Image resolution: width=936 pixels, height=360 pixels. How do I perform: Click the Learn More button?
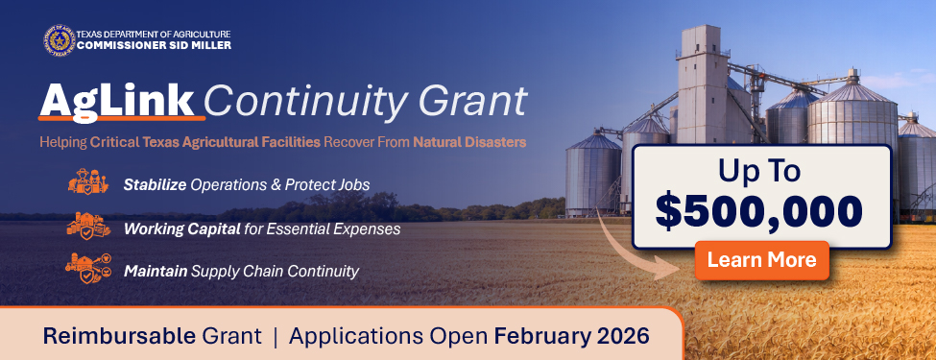coord(761,259)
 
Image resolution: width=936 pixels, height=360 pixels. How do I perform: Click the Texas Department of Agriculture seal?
coord(59,41)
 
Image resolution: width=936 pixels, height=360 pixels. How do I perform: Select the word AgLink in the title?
coord(120,101)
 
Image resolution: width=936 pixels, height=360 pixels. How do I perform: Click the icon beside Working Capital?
coord(88,228)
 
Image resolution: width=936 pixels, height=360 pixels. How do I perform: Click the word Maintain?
coord(156,272)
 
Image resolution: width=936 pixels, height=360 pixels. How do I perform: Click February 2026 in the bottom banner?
coord(571,337)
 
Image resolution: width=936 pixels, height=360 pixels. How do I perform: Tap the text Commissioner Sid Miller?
coord(154,45)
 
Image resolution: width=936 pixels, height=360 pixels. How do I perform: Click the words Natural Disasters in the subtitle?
coord(469,143)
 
